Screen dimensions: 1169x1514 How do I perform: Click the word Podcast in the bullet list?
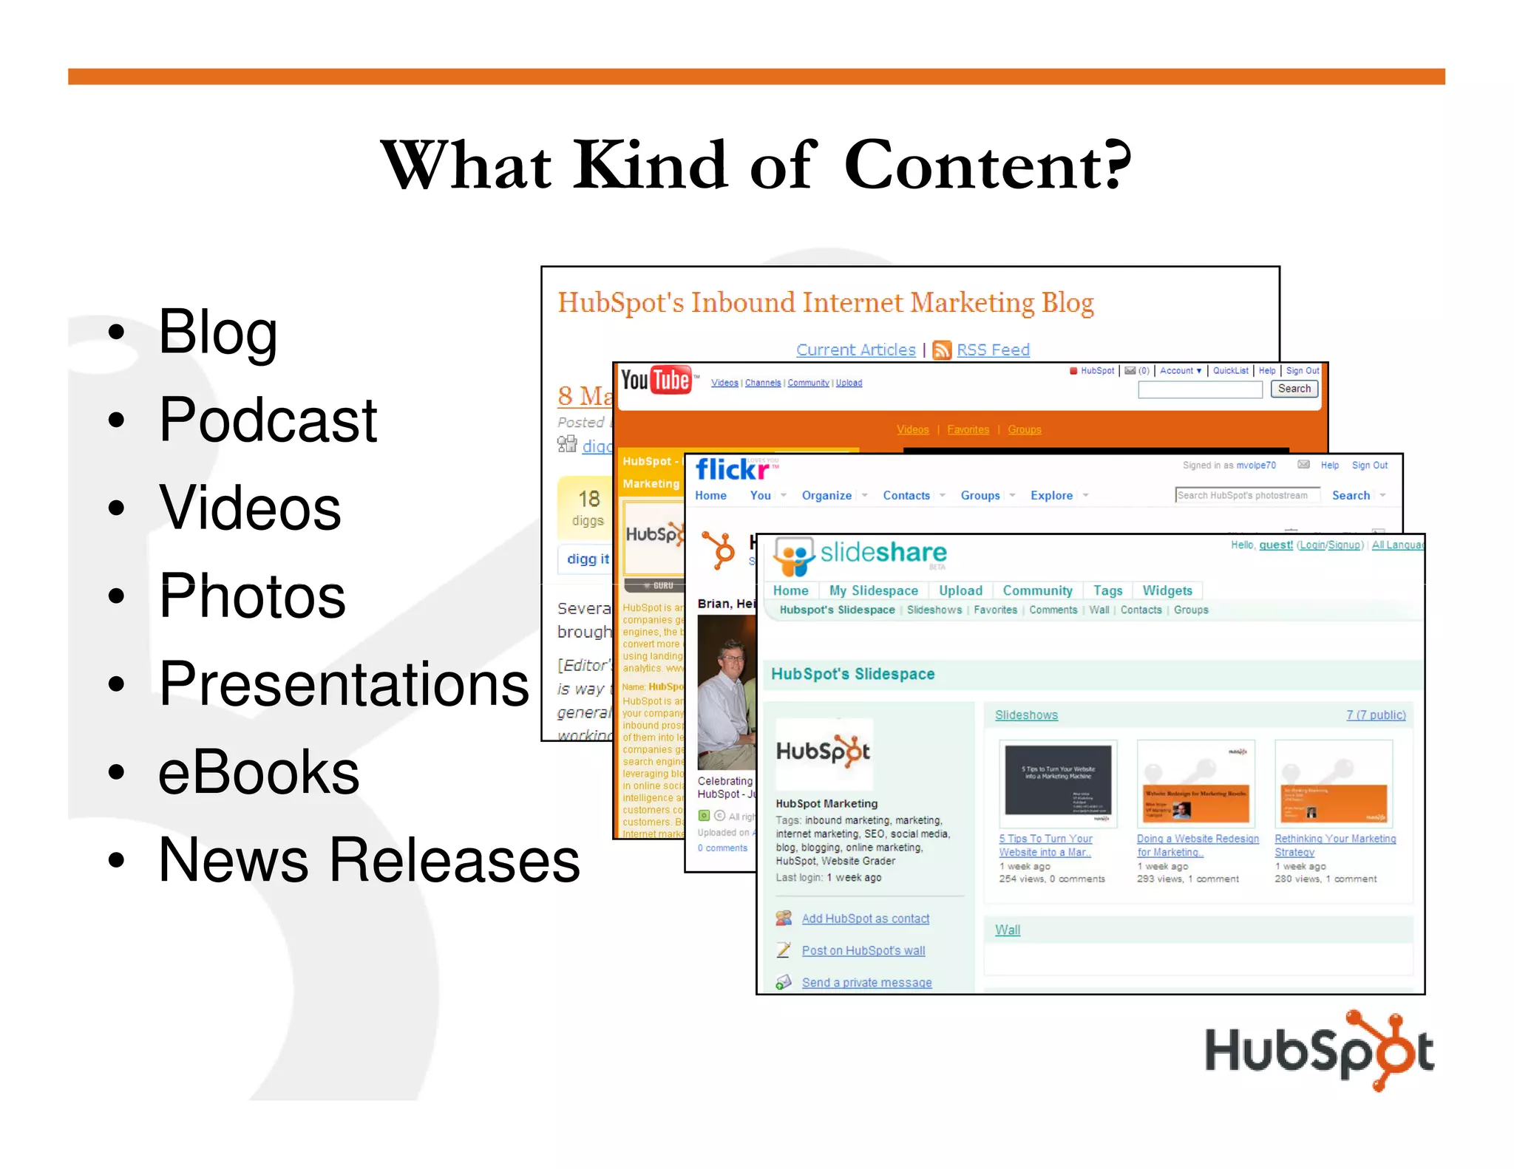268,420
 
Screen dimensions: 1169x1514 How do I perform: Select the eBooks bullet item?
259,772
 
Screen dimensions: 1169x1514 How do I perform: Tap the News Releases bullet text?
369,860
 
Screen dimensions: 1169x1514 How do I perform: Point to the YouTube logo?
656,381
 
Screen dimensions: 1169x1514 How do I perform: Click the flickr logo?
733,469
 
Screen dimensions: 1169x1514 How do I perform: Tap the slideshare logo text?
883,553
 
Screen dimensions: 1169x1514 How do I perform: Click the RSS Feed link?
993,350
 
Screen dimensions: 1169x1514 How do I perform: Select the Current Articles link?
855,350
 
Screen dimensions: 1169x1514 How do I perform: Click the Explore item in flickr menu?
1051,496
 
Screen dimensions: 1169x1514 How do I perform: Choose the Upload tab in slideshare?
960,590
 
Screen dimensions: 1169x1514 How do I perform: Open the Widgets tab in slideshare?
1167,590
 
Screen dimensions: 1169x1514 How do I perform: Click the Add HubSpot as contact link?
865,918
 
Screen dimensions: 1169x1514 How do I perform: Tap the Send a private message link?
866,983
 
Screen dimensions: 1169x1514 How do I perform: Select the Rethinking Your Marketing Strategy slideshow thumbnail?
1334,784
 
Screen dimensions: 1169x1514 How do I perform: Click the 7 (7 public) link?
1376,715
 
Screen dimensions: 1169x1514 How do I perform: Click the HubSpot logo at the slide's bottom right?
1319,1050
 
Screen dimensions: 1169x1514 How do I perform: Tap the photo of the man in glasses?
727,692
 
